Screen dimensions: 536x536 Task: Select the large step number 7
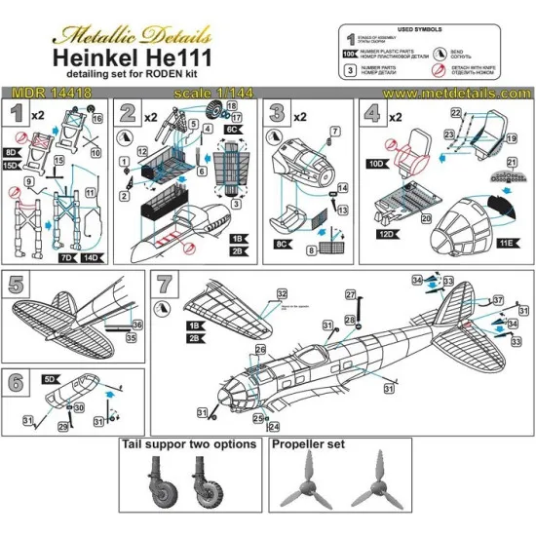pos(166,287)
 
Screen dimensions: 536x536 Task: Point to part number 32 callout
pos(282,292)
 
